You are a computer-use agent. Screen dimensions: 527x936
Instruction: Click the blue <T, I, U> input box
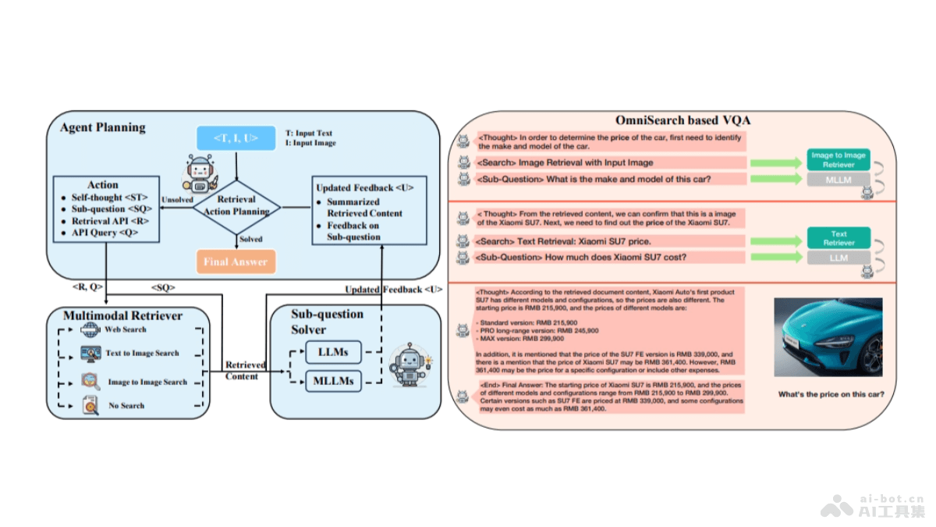point(236,139)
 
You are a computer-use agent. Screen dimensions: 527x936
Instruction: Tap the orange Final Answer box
point(236,262)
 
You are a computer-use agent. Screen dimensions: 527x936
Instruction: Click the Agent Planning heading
point(103,126)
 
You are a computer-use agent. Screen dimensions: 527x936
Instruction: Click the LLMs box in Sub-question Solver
point(333,352)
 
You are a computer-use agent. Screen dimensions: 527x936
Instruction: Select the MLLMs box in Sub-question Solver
point(333,381)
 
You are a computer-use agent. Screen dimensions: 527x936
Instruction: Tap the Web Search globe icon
point(90,329)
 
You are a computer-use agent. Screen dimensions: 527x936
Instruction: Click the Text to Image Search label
point(142,353)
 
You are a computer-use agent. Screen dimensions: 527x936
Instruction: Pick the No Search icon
point(90,405)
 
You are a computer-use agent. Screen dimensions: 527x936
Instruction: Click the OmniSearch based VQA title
point(683,120)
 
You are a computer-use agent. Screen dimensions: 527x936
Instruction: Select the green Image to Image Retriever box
point(838,159)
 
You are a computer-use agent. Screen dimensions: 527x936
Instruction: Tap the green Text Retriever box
point(838,238)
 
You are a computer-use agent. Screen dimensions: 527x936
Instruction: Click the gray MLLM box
point(838,180)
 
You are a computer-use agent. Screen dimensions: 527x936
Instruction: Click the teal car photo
point(828,338)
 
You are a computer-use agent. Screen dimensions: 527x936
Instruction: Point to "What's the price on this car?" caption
point(831,394)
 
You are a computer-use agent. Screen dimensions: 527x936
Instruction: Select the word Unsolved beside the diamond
point(177,200)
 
